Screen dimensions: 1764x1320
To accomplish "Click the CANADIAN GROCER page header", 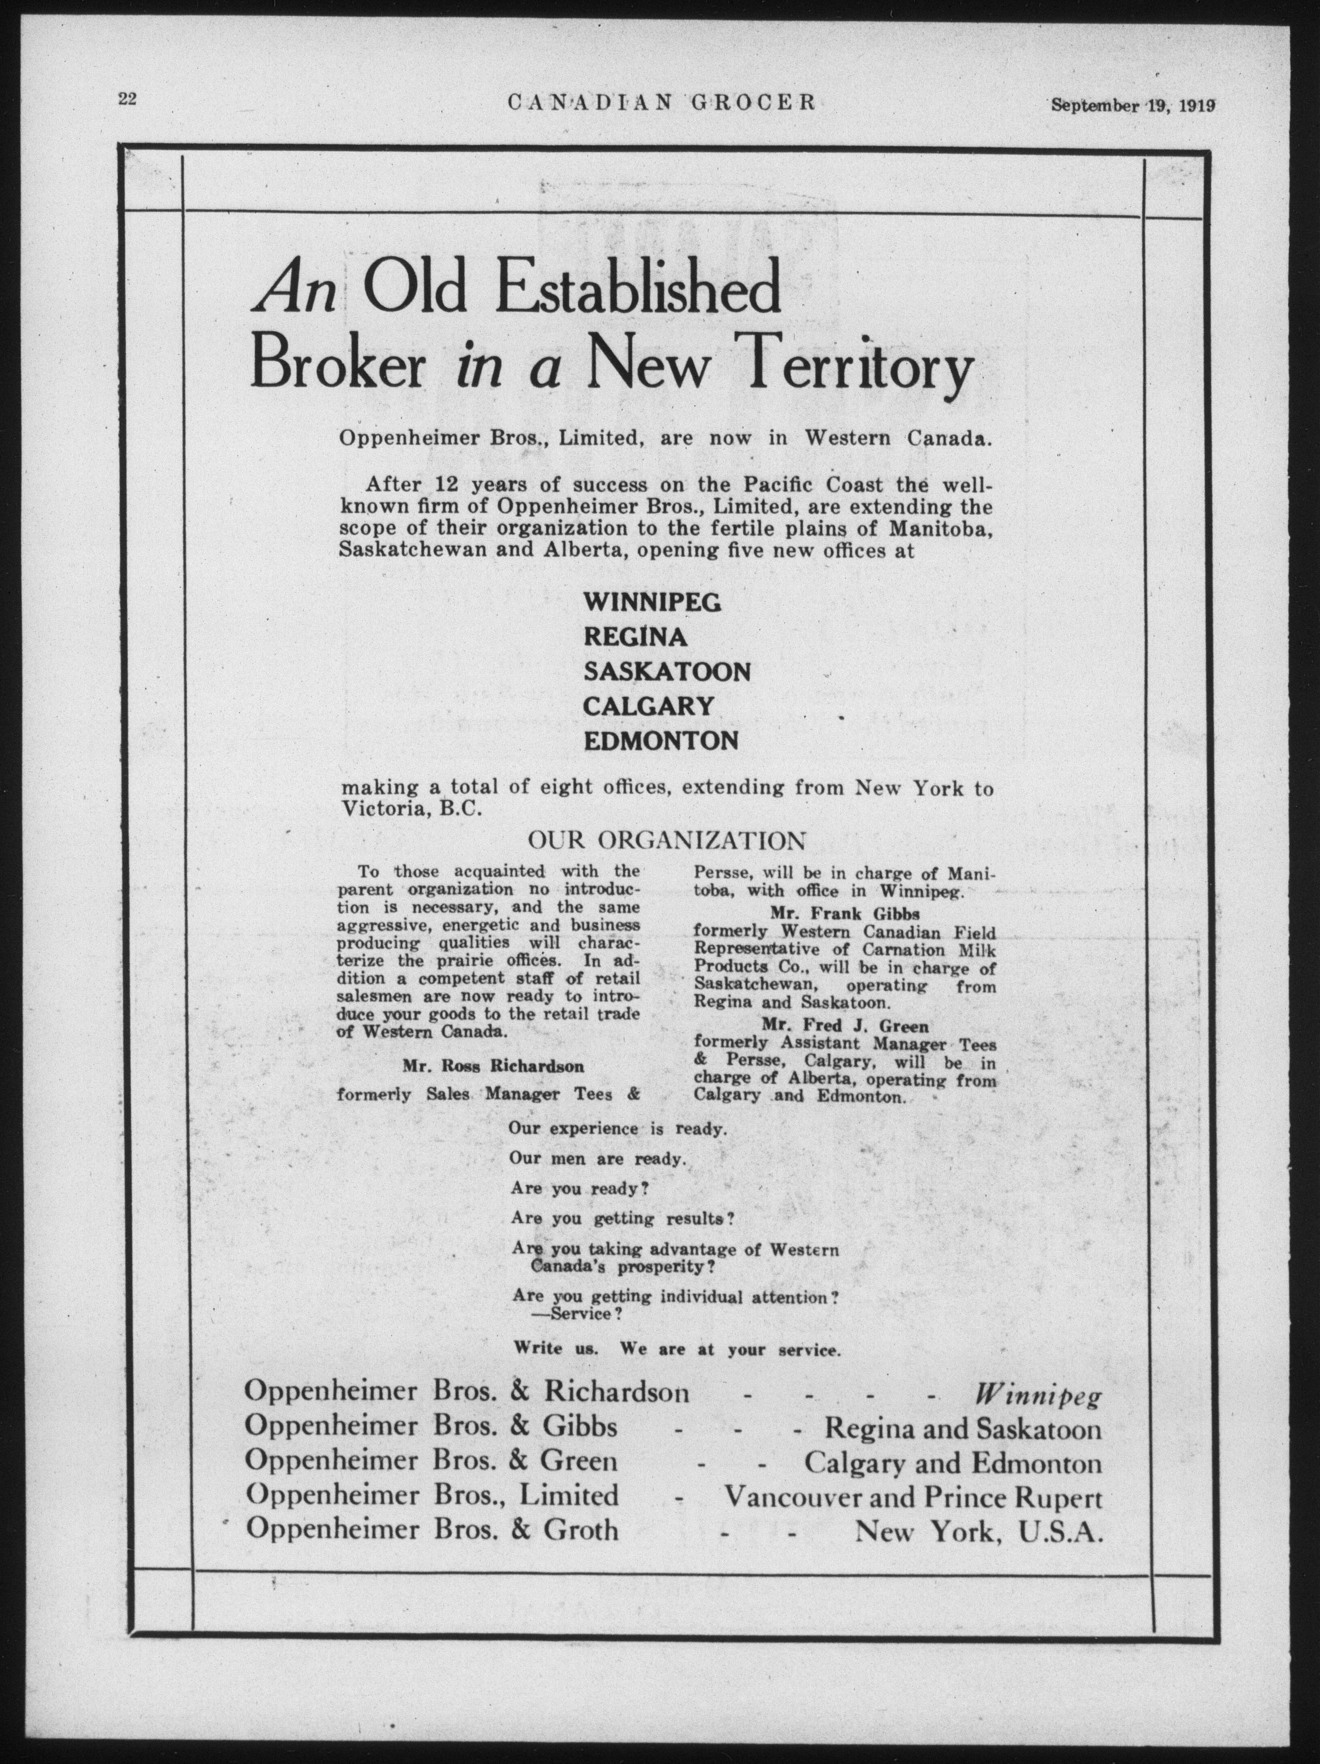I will coord(661,102).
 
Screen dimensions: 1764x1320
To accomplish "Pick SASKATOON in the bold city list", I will coord(667,672).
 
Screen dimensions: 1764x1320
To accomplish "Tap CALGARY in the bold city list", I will coord(647,706).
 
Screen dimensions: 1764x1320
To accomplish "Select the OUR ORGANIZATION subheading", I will coord(666,841).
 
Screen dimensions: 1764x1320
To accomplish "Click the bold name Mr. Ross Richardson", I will coord(493,1066).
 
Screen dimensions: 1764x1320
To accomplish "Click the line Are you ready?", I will coord(578,1187).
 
